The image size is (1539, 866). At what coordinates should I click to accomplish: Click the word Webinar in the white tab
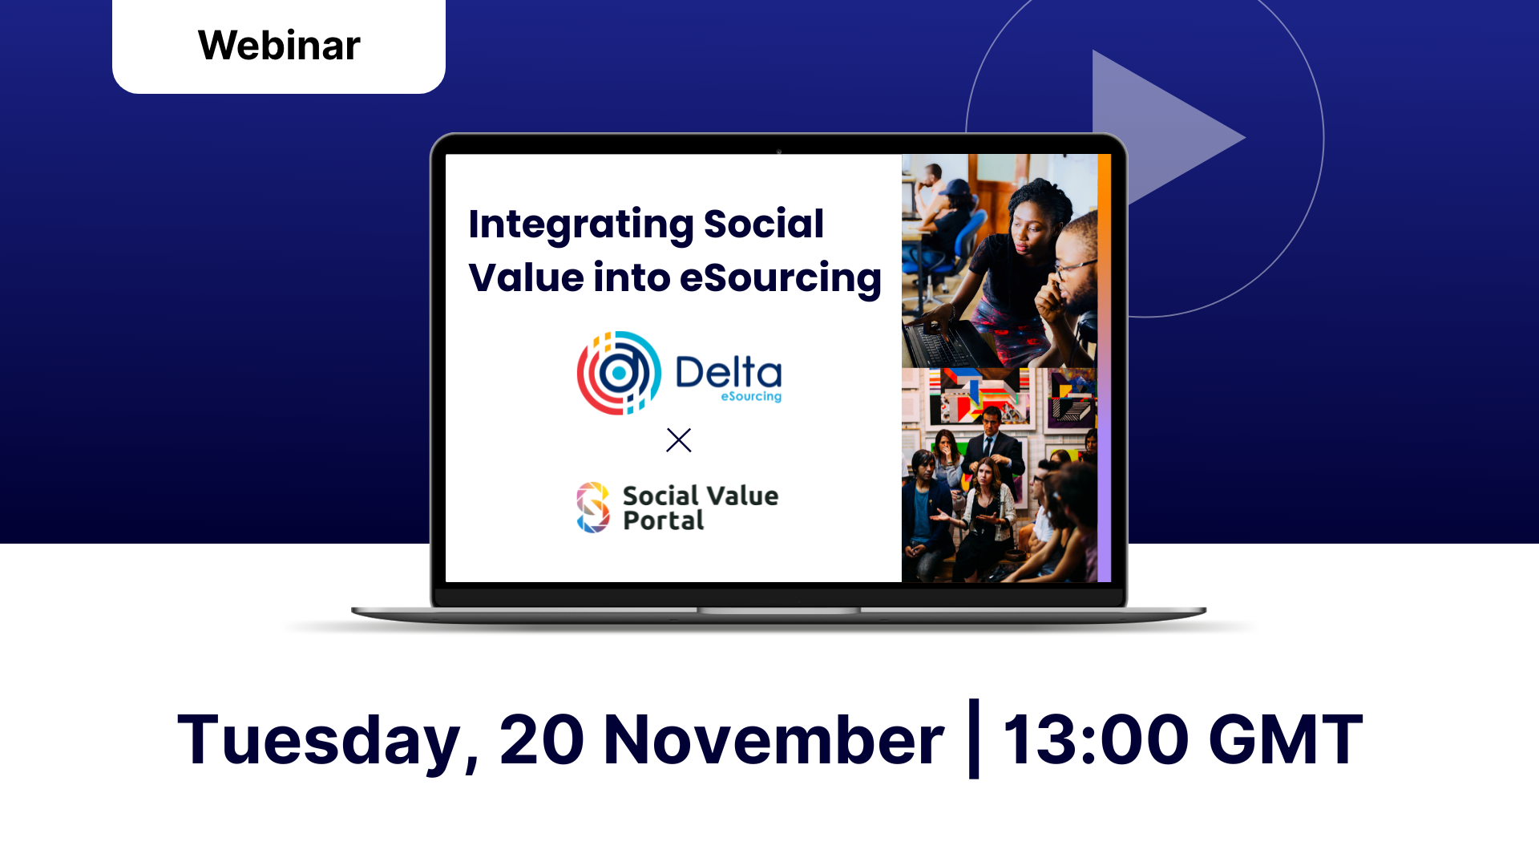[x=279, y=45]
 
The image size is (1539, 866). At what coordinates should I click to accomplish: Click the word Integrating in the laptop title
[x=580, y=225]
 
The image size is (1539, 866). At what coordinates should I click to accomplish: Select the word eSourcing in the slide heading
[x=780, y=279]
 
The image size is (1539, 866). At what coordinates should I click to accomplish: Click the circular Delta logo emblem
[x=619, y=373]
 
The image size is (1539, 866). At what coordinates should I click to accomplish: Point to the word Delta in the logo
[x=729, y=372]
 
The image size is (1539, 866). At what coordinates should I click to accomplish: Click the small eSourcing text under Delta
[x=751, y=396]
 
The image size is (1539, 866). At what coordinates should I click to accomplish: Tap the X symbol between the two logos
[x=679, y=440]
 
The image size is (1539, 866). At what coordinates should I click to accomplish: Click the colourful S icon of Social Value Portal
[x=593, y=508]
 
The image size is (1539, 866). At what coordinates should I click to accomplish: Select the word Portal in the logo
[x=664, y=521]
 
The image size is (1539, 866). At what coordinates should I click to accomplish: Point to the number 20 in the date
[x=542, y=739]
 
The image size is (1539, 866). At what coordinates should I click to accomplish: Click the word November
[x=774, y=739]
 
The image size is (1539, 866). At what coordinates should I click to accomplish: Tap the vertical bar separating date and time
[x=974, y=739]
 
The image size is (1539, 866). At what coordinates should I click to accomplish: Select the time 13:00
[x=1095, y=739]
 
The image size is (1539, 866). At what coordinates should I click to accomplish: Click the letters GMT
[x=1286, y=739]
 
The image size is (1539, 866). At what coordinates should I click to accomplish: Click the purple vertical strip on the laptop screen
[x=1104, y=475]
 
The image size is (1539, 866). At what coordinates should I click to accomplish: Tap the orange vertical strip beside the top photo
[x=1104, y=261]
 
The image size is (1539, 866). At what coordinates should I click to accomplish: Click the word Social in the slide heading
[x=764, y=224]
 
